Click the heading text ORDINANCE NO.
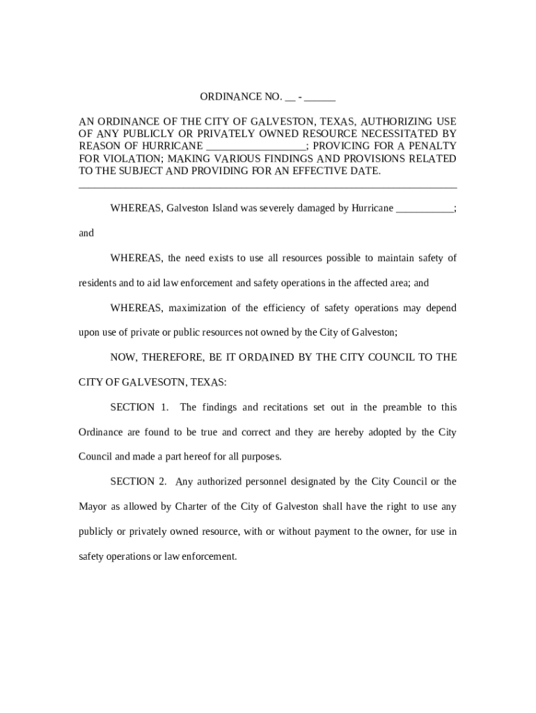tap(241, 96)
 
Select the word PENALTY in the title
tap(432, 146)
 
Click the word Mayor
tap(93, 506)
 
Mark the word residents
tap(97, 283)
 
